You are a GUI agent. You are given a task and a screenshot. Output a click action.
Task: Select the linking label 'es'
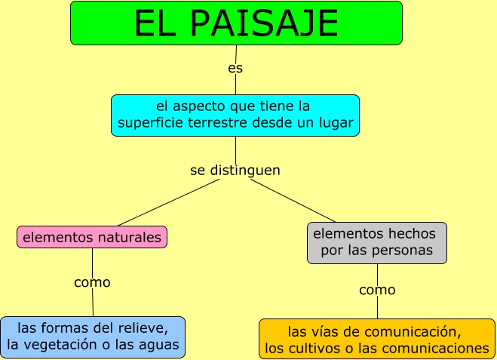[235, 69]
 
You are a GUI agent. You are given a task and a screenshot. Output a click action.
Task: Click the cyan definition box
[235, 115]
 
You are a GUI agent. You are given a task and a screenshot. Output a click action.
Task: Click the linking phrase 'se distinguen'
[235, 171]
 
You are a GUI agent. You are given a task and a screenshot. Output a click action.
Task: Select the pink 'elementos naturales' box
[92, 237]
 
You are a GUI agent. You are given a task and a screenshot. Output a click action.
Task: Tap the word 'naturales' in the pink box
[131, 237]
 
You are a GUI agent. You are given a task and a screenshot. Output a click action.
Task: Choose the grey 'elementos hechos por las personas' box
[376, 242]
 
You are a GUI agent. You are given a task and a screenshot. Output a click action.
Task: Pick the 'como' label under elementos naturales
[92, 283]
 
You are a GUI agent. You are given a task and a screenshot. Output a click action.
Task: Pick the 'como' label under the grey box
[377, 290]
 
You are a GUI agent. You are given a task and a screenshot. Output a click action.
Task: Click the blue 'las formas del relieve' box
[93, 337]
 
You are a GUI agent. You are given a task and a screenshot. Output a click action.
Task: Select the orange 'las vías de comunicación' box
[376, 339]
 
